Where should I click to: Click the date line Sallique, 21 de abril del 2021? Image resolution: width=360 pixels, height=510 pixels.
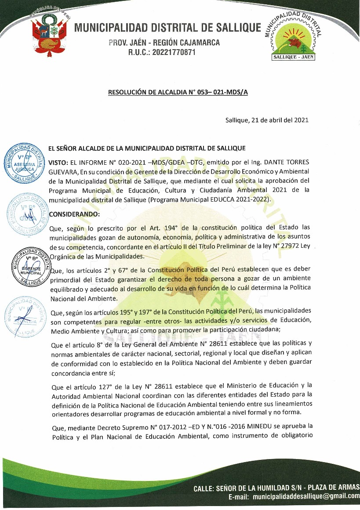266,120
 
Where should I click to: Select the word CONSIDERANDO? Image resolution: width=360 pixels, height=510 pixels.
74,214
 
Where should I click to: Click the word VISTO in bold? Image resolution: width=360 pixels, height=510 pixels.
58,162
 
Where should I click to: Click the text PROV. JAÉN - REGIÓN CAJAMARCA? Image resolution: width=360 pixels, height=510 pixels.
164,43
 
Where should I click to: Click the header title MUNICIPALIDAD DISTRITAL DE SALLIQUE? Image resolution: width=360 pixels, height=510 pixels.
168,28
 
